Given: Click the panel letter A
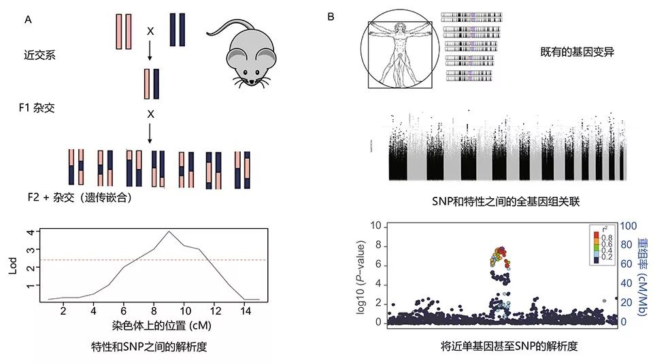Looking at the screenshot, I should tap(28, 19).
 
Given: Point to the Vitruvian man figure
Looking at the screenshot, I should tap(400, 53).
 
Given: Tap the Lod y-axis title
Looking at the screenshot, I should tap(13, 264).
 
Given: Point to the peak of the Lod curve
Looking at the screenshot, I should tap(169, 232).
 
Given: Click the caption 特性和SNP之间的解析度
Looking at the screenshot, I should tap(149, 347).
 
